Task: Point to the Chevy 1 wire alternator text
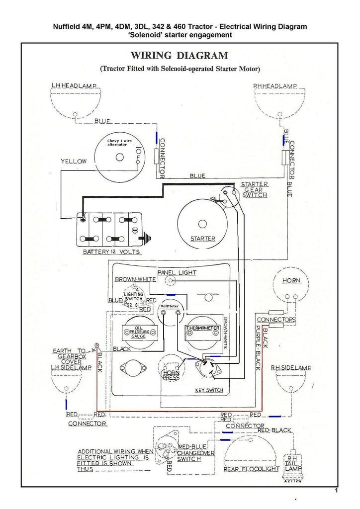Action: tap(120, 143)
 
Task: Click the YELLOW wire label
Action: tap(74, 162)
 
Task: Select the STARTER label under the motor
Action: tap(203, 239)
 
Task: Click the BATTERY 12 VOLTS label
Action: tap(111, 253)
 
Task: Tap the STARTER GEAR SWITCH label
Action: tap(255, 190)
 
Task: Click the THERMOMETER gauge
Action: tap(202, 330)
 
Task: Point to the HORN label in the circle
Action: tap(291, 281)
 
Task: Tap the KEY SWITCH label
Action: tap(209, 390)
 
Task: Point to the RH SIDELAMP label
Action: tap(291, 368)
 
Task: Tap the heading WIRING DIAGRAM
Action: tap(180, 55)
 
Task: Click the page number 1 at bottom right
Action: tap(337, 491)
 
